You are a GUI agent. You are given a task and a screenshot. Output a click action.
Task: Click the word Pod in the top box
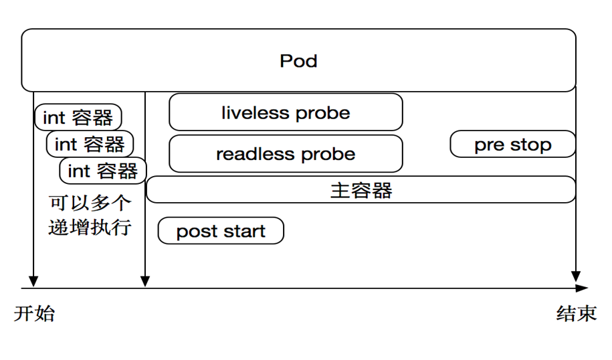298,61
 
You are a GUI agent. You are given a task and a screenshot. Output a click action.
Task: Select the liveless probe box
286,112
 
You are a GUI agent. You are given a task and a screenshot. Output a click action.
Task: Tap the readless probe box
286,153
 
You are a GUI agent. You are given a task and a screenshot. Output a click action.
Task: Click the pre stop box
512,144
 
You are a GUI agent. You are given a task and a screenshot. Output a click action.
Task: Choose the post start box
221,231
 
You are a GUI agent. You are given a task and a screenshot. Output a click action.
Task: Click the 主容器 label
361,191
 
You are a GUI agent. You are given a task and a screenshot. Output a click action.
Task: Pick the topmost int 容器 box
78,117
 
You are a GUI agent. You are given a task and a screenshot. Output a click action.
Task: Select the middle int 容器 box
90,144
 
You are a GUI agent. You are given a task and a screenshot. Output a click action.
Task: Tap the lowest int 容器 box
103,171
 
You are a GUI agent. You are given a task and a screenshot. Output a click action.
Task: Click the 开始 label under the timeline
34,314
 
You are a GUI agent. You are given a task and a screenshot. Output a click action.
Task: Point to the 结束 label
577,314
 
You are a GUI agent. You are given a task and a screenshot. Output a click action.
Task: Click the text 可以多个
90,203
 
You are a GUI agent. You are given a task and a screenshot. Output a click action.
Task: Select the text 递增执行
90,228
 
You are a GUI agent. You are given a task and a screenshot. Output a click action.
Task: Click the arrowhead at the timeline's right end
582,288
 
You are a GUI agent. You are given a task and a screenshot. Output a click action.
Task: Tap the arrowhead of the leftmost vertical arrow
33,282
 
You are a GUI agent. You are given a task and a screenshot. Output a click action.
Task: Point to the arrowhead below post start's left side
145,282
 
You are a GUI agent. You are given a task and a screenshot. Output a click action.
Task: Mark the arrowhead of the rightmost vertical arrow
576,276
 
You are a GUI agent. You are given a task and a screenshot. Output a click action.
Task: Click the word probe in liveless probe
323,114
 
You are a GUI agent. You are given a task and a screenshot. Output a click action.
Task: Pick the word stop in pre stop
531,145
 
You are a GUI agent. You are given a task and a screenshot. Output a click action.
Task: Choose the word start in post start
245,231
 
